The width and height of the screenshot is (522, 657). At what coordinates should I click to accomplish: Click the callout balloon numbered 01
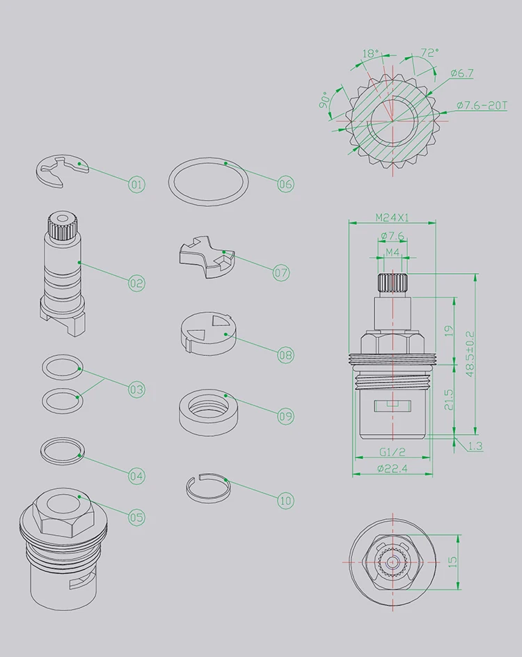136,185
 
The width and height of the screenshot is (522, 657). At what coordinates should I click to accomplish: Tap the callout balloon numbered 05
136,518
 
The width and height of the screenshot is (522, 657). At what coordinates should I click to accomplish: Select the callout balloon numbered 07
281,273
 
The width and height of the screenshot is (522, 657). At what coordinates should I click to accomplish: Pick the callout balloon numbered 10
285,500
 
